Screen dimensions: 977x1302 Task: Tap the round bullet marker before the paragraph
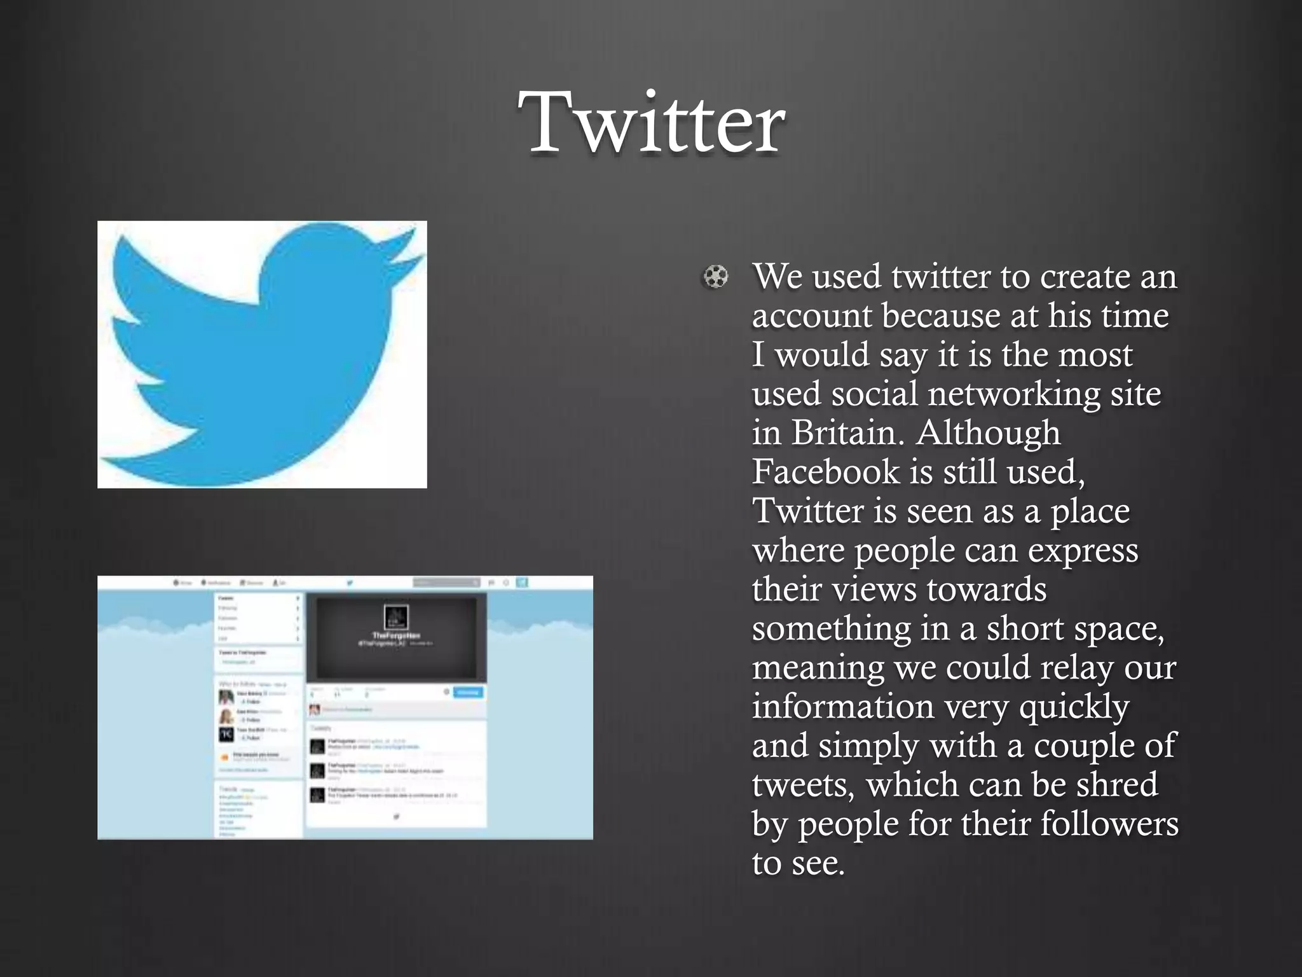pyautogui.click(x=716, y=277)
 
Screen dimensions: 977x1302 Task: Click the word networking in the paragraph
pyautogui.click(x=1014, y=394)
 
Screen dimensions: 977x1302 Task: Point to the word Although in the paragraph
pyautogui.click(x=989, y=433)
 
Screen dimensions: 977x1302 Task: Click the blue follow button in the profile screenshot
pyautogui.click(x=468, y=692)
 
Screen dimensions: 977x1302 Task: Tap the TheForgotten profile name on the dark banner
pyautogui.click(x=395, y=635)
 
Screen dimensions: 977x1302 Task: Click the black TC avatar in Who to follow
pyautogui.click(x=226, y=734)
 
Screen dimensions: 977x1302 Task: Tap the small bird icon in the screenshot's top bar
pyautogui.click(x=349, y=583)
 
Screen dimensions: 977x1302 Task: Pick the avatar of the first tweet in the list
pyautogui.click(x=317, y=746)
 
